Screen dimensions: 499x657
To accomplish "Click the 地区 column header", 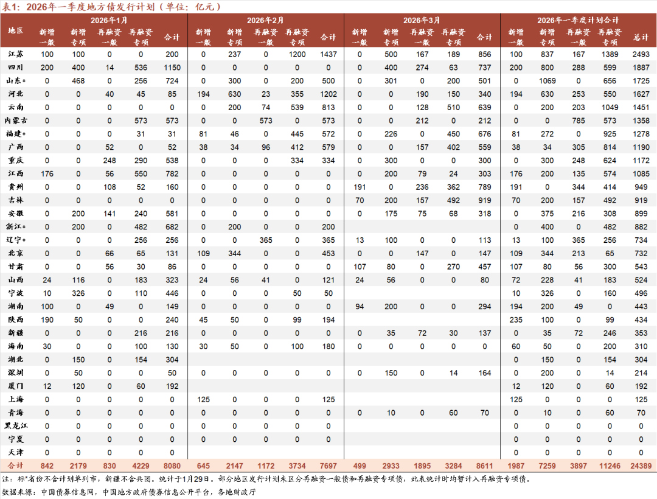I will click(16, 30).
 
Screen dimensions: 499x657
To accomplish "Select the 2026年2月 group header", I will click(265, 20).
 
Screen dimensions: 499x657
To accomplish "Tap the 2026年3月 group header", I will click(422, 20).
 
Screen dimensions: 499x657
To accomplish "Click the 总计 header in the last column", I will click(641, 37).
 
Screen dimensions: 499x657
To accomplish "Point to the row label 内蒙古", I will click(16, 120).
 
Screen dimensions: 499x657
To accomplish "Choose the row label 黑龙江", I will click(16, 425).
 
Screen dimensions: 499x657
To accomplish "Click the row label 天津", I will click(16, 452).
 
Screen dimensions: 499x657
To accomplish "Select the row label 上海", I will click(16, 399).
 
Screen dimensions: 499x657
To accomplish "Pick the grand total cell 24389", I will click(641, 466).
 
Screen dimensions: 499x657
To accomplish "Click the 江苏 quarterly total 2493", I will click(641, 54).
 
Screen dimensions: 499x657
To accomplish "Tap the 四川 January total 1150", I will click(172, 68).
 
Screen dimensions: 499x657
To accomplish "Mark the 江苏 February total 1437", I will click(328, 54).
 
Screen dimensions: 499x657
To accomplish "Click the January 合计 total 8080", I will click(172, 466).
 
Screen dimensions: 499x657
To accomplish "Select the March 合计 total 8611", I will click(485, 466).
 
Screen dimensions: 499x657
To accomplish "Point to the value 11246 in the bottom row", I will click(609, 466).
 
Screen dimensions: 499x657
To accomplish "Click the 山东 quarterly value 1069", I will click(547, 81).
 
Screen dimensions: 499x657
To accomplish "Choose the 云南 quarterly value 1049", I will click(609, 107).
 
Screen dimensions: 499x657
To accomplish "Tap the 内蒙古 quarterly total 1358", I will click(641, 120).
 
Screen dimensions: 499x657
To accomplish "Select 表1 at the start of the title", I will click(10, 7).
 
